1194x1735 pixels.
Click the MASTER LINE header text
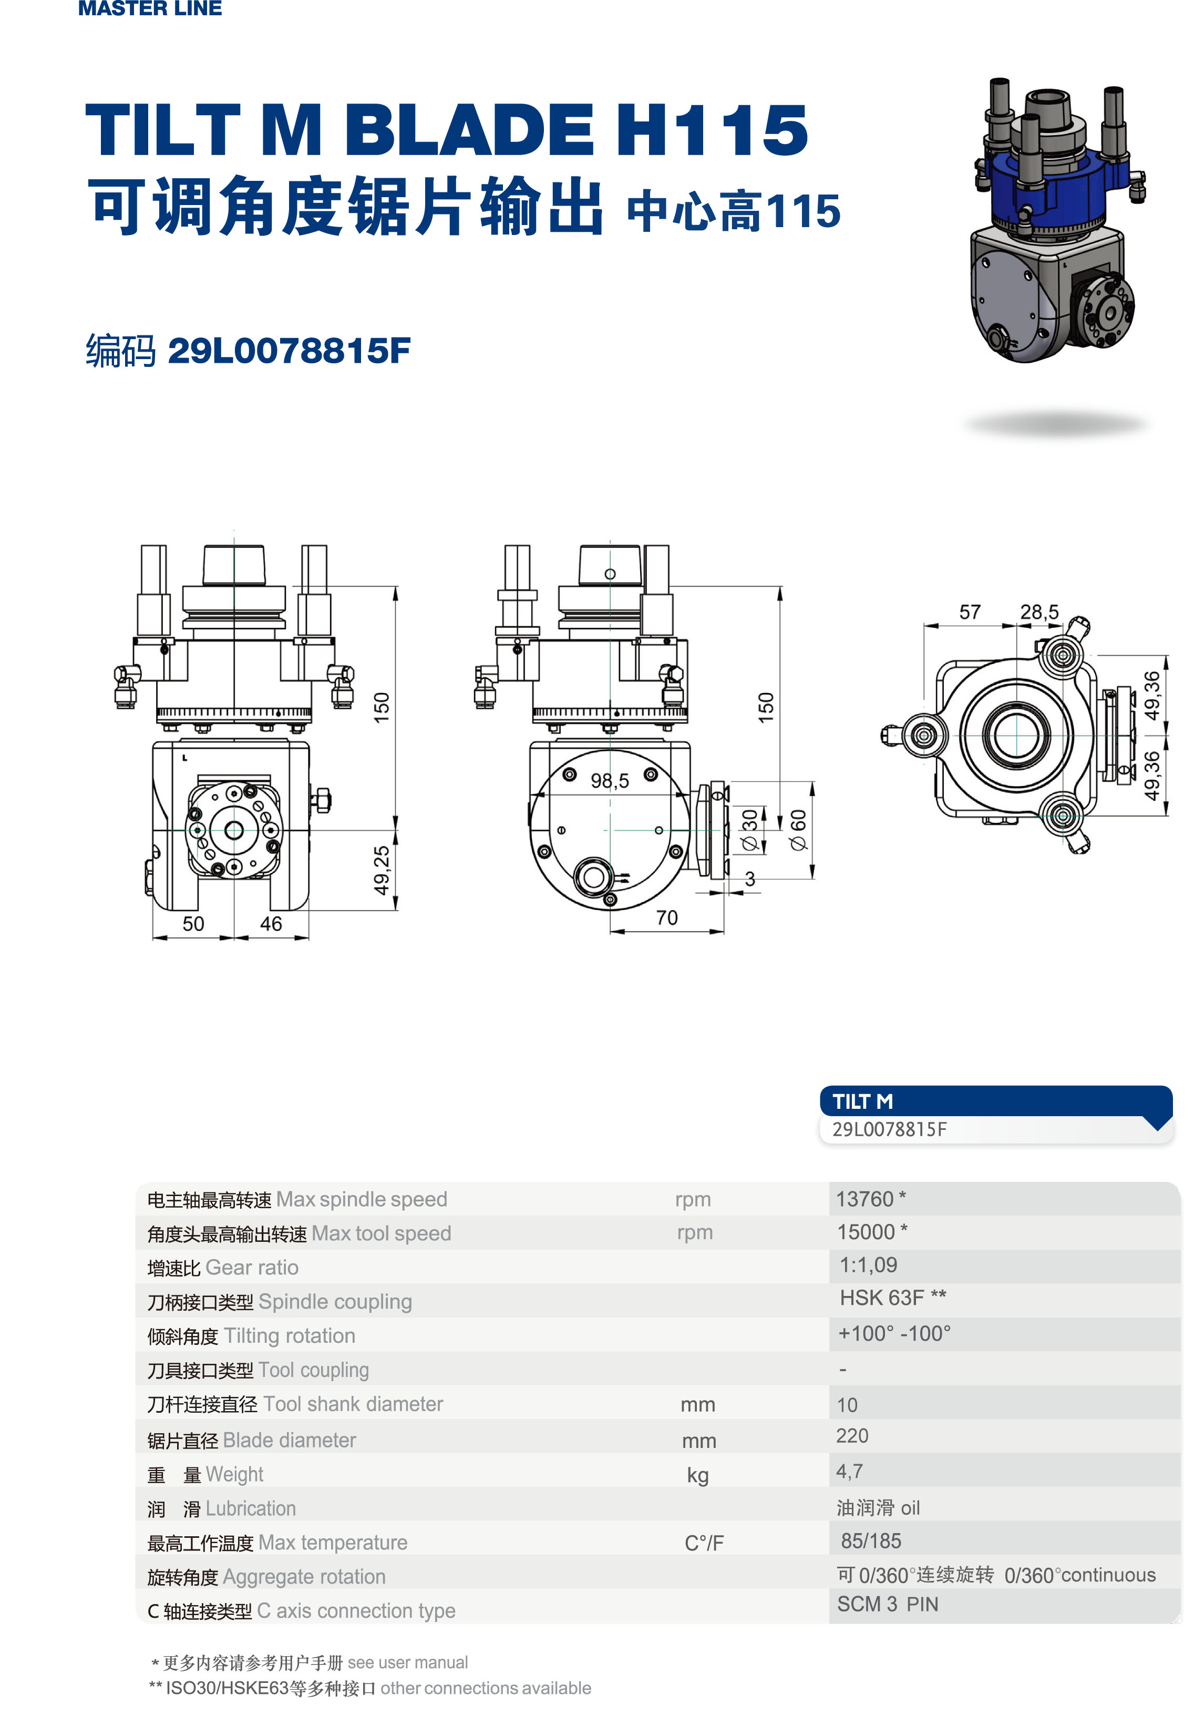pos(150,8)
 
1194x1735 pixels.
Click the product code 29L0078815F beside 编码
pos(290,350)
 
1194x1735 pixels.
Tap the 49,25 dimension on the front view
pos(382,870)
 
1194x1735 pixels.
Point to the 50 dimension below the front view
pos(193,924)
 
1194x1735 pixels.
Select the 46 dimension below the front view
pos(271,924)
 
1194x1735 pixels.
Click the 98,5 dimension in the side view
pos(610,781)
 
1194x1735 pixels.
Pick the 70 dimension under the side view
pos(666,917)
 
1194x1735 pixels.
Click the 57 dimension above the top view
pos(970,613)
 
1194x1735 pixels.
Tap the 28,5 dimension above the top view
pos(1039,613)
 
